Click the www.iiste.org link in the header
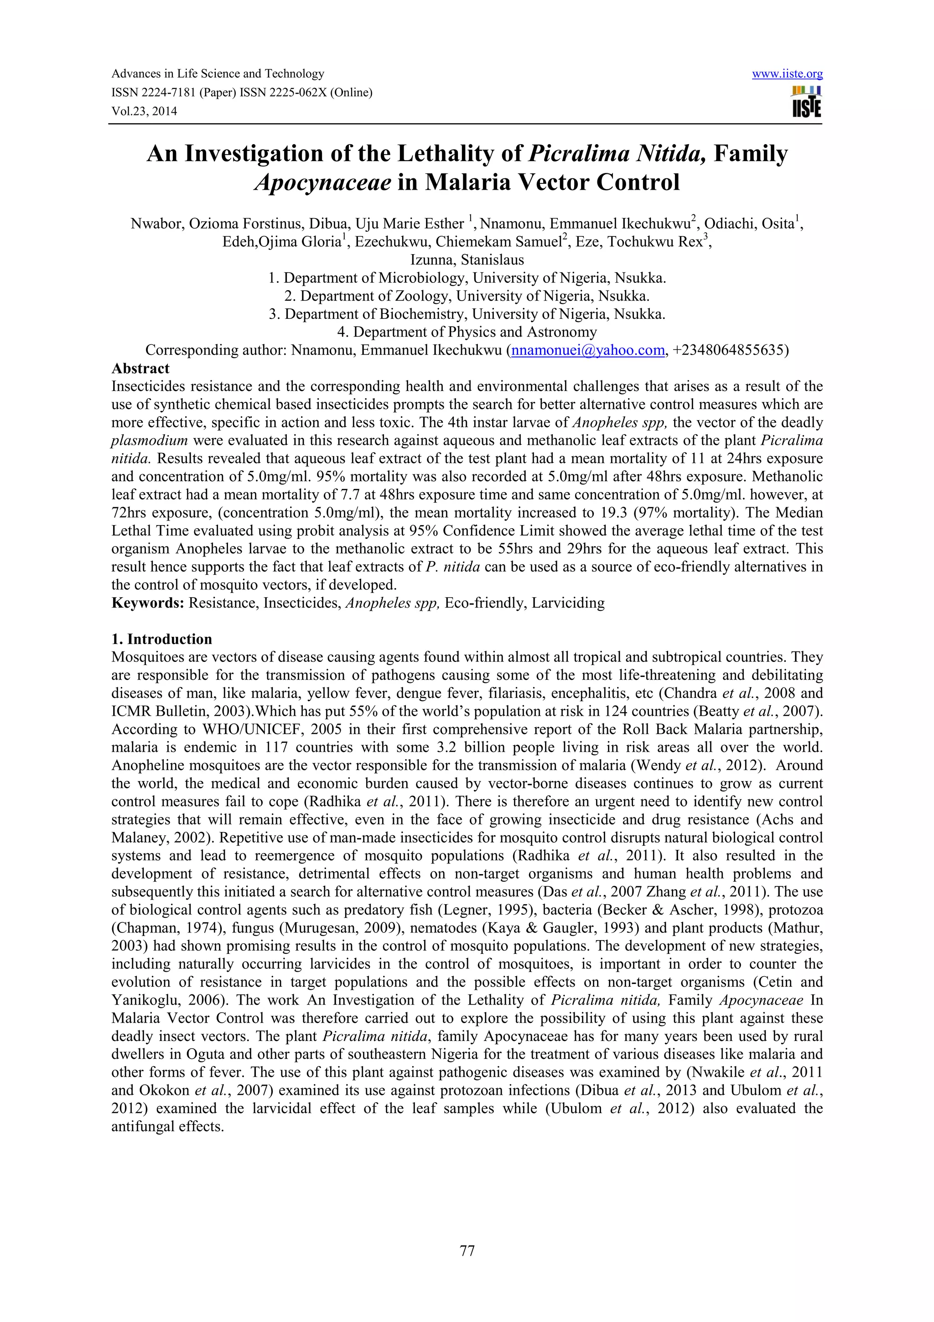[x=787, y=74]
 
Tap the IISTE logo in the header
[x=806, y=102]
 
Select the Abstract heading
[x=140, y=369]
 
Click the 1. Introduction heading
[x=162, y=639]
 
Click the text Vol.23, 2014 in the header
[x=144, y=111]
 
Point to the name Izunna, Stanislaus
[x=467, y=260]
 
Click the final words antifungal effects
[x=167, y=1126]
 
